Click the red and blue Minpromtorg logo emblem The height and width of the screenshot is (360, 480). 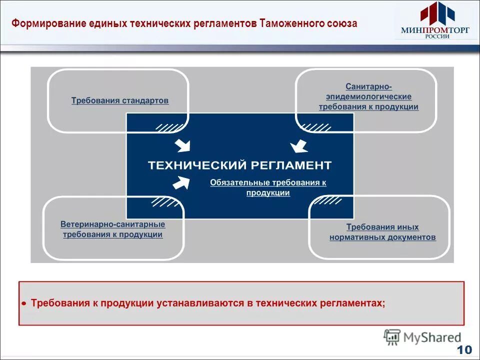(x=434, y=13)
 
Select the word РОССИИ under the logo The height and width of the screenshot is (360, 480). (x=434, y=36)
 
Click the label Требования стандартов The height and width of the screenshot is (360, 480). (x=120, y=100)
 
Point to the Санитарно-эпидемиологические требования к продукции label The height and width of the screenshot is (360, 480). (x=368, y=96)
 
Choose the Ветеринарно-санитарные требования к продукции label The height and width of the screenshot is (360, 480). (x=113, y=229)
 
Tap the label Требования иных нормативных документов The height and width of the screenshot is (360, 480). (x=382, y=232)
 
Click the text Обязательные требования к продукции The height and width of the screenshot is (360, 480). (x=268, y=187)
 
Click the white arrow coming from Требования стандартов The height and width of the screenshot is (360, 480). (x=182, y=145)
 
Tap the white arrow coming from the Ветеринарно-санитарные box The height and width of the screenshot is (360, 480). (x=181, y=183)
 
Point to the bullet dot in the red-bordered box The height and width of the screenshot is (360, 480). (x=24, y=303)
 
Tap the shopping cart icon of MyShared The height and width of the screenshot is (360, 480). (x=392, y=337)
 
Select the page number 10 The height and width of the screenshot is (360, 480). (x=464, y=349)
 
